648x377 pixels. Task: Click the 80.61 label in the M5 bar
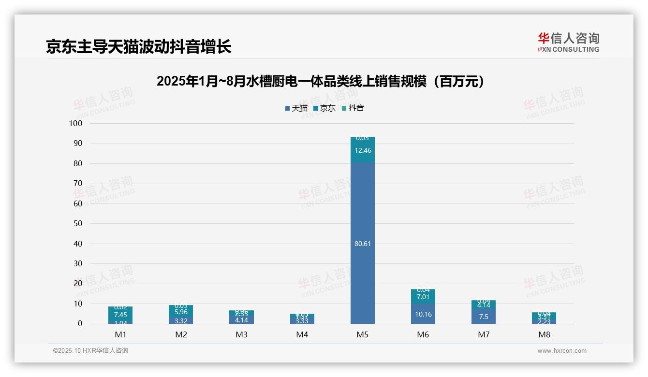point(362,244)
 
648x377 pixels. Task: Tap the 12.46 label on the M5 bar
point(362,150)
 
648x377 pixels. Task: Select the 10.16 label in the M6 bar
point(423,314)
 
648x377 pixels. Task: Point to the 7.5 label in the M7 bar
point(483,317)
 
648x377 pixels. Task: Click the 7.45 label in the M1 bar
point(120,315)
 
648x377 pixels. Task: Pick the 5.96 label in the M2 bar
point(181,312)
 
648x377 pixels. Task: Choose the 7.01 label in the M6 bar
point(423,297)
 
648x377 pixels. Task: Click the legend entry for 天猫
point(296,108)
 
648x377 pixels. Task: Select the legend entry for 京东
point(324,108)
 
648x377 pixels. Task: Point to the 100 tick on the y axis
point(76,123)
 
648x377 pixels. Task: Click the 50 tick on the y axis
point(77,223)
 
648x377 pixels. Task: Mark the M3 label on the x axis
point(241,334)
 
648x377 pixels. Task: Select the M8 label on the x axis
point(544,334)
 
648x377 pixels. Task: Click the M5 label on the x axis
point(362,334)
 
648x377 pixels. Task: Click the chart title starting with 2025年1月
point(321,81)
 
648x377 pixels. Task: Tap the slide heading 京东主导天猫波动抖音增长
point(139,46)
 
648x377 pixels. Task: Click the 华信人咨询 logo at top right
point(568,42)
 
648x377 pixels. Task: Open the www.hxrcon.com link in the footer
point(562,351)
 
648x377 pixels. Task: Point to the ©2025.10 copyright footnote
point(90,351)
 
